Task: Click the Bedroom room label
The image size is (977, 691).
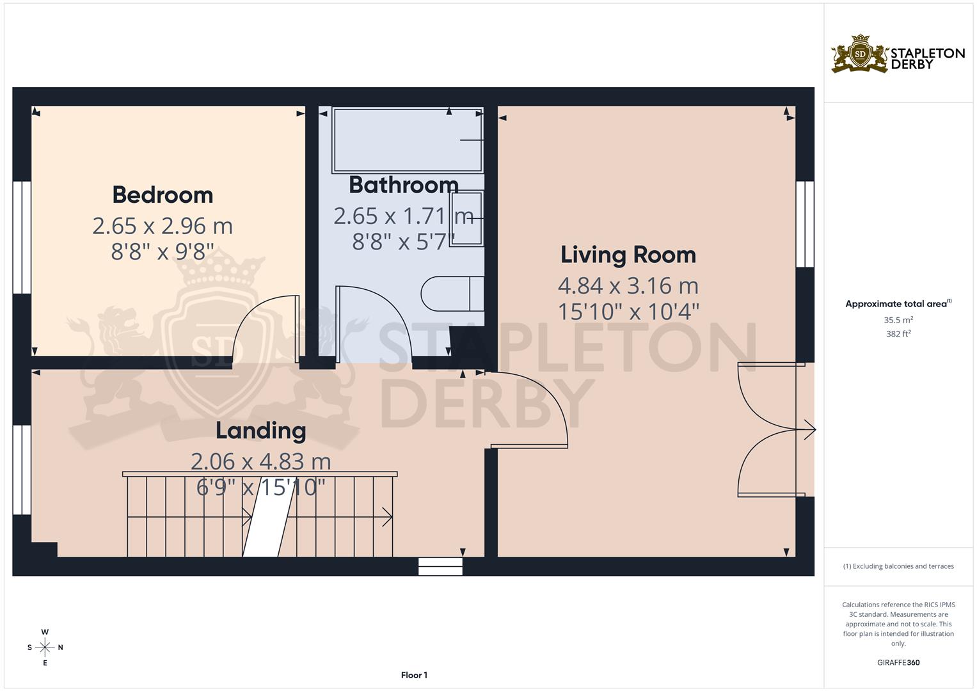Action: point(163,195)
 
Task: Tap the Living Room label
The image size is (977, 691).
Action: point(628,255)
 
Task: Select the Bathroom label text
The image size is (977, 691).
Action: point(403,185)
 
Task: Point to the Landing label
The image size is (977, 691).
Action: point(260,431)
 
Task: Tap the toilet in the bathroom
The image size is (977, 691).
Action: point(452,294)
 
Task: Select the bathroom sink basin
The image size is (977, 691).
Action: point(466,218)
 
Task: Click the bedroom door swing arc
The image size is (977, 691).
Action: point(262,326)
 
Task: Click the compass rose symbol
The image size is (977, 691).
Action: point(45,647)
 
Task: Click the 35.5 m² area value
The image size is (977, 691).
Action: point(898,320)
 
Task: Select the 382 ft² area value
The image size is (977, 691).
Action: point(898,334)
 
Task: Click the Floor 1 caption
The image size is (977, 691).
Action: point(414,675)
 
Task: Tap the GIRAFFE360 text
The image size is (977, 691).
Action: point(898,663)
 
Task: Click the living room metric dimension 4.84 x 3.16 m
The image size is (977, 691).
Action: point(628,285)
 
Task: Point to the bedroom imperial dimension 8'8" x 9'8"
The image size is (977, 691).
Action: point(163,252)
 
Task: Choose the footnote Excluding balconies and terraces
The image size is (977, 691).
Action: point(898,566)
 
